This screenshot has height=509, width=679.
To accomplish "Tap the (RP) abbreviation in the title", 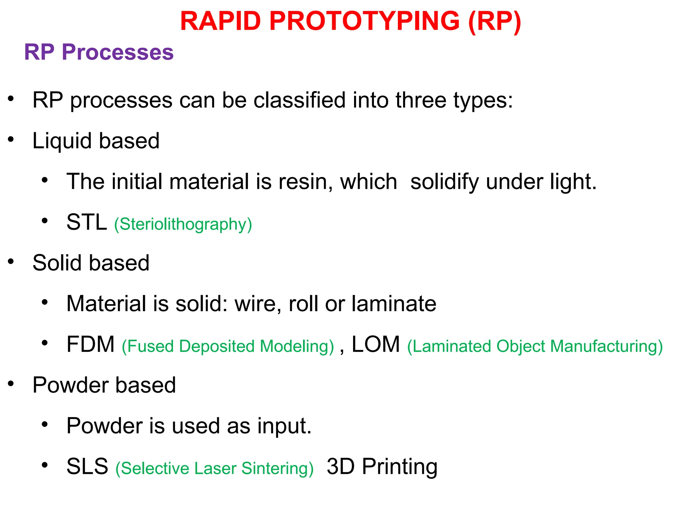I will coord(494,21).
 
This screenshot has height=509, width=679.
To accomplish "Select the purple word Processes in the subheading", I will coord(117,52).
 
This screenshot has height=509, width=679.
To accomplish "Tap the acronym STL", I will coord(87,222).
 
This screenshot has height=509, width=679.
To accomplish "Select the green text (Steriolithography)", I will coord(183,224).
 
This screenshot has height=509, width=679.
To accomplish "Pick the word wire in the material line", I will coord(255,304).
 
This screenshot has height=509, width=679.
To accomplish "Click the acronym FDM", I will coord(90,344).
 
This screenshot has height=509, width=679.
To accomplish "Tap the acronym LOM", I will coord(376,344).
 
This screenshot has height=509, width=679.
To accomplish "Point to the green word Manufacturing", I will coord(606,346).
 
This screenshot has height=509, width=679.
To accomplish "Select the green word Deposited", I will coord(216,346).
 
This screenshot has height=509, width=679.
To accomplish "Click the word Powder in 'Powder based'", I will coord(70,385).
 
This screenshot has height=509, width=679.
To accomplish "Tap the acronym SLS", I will coord(87,466).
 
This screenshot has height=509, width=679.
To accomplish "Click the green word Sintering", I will coord(277,469).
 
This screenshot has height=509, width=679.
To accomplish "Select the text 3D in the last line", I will coord(340,466).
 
